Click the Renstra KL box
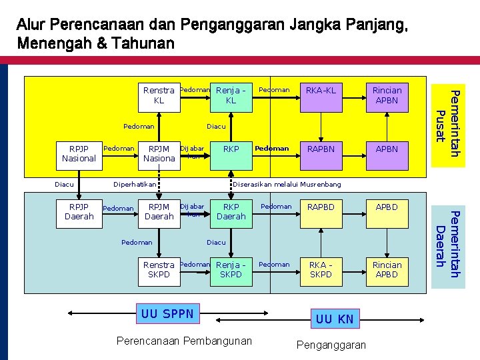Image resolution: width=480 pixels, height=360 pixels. pos(159,95)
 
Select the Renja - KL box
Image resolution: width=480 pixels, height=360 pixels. pos(231,95)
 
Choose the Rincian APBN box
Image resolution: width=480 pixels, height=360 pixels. pos(387,95)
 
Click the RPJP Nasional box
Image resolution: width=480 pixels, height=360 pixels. pos(79,154)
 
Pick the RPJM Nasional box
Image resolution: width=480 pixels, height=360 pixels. pos(159,154)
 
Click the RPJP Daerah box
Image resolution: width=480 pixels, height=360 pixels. pos(79,211)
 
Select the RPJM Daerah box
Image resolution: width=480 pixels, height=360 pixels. pos(159,211)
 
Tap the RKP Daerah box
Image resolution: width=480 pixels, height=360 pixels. pos(231,211)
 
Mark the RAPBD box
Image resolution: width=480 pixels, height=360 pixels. pos(321,208)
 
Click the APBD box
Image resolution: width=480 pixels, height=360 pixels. pos(387,208)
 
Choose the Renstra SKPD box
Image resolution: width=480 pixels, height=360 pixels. pos(159,269)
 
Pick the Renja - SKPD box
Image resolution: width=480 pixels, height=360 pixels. pos(231,269)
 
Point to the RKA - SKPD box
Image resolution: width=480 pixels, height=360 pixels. pos(321,269)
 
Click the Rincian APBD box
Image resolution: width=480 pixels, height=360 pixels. pos(387,269)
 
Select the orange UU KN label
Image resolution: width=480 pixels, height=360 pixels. pos(334,319)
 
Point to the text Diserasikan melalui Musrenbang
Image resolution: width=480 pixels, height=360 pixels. pos(287,184)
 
